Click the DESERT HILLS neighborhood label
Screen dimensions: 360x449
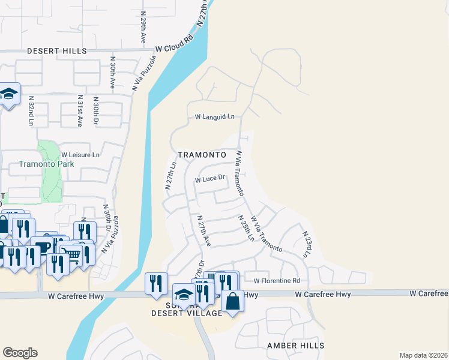[57, 51]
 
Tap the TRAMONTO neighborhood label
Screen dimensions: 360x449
[201, 154]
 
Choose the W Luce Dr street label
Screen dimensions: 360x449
[209, 178]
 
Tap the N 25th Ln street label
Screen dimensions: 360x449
[246, 229]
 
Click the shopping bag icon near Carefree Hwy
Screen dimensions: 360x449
[232, 301]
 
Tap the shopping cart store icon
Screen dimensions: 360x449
[73, 254]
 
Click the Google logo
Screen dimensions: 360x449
[20, 352]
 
